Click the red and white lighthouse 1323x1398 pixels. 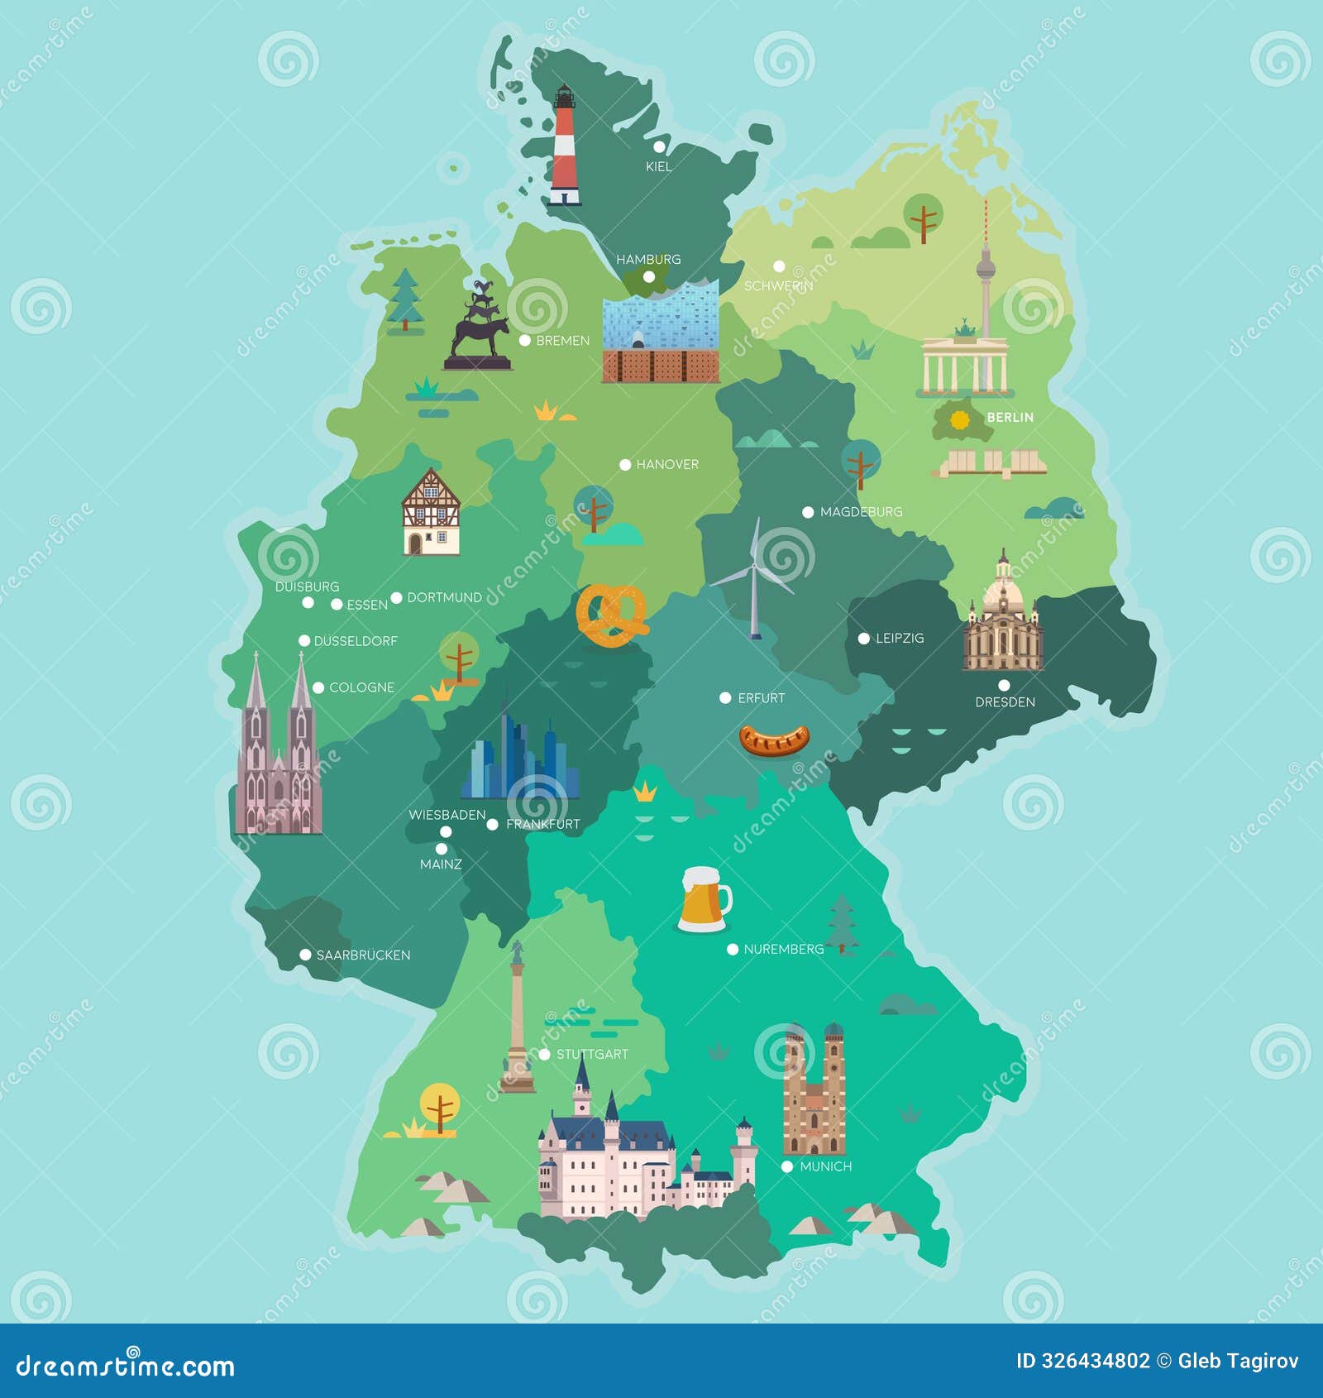565,146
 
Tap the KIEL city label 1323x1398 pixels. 658,167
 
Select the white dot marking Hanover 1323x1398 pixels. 625,465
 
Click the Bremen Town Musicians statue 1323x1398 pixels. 479,328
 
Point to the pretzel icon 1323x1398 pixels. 613,615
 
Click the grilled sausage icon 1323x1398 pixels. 774,740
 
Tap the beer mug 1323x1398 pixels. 704,899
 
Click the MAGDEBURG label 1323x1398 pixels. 861,512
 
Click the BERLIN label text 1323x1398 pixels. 1010,418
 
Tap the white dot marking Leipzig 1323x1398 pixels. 863,639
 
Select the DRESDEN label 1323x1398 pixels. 1005,702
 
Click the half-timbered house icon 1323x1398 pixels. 431,513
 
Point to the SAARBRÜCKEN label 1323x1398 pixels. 363,955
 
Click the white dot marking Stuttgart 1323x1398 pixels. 544,1055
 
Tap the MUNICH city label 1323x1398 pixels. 825,1167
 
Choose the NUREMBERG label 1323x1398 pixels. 783,950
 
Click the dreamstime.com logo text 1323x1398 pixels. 126,1366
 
